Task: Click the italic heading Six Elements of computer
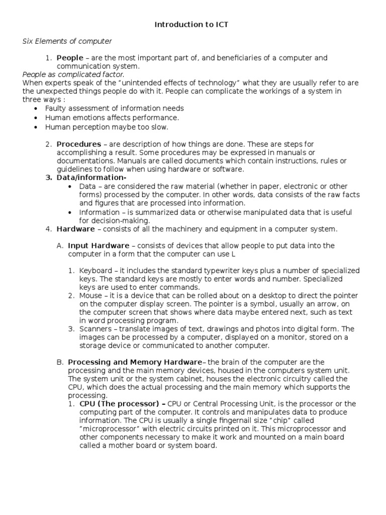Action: pyautogui.click(x=67, y=41)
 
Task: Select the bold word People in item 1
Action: pyautogui.click(x=70, y=58)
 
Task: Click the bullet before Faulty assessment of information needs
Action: pyautogui.click(x=35, y=109)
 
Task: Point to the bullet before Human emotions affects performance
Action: pyautogui.click(x=35, y=118)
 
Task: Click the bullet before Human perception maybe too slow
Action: pyautogui.click(x=35, y=127)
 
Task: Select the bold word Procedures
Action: pyautogui.click(x=78, y=144)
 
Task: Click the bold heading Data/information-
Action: pyautogui.click(x=91, y=178)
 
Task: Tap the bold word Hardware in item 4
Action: pyautogui.click(x=75, y=229)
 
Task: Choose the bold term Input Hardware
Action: pyautogui.click(x=99, y=245)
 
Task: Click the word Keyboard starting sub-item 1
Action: pyautogui.click(x=95, y=271)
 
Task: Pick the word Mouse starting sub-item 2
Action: pyautogui.click(x=90, y=295)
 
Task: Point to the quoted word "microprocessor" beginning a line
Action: pyautogui.click(x=105, y=429)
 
